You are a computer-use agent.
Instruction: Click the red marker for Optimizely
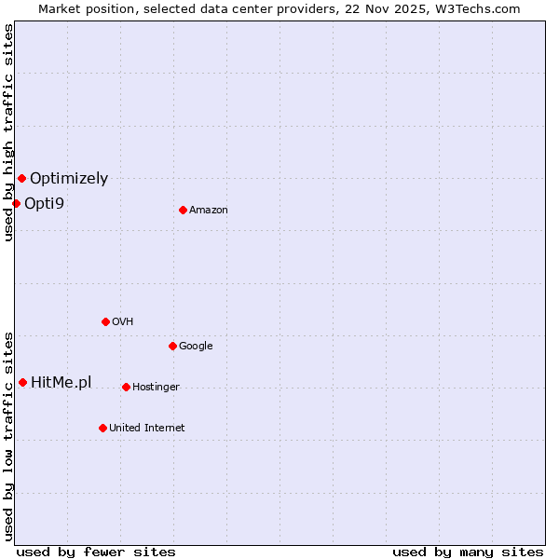tap(21, 178)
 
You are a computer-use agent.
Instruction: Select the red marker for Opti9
tap(16, 203)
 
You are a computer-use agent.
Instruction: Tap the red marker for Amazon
tap(183, 210)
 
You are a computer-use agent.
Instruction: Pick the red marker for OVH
tap(105, 321)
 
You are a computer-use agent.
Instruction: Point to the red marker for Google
tap(172, 346)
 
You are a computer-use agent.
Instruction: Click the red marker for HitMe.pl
tap(22, 382)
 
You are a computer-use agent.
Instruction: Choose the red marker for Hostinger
tap(126, 387)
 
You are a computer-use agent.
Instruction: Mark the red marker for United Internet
tap(102, 428)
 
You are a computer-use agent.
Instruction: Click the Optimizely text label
tap(69, 178)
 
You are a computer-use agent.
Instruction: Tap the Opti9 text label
tap(44, 203)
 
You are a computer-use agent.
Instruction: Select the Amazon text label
tap(209, 210)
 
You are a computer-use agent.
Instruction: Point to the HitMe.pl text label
tap(61, 382)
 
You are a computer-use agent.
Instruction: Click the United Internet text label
tap(147, 428)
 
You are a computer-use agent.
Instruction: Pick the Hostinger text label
tap(156, 387)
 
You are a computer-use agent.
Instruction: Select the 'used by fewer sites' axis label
tap(96, 552)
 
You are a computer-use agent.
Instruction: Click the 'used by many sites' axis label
tap(468, 552)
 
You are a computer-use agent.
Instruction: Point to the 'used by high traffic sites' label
tap(8, 132)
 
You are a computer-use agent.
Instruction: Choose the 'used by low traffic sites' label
tap(8, 435)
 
